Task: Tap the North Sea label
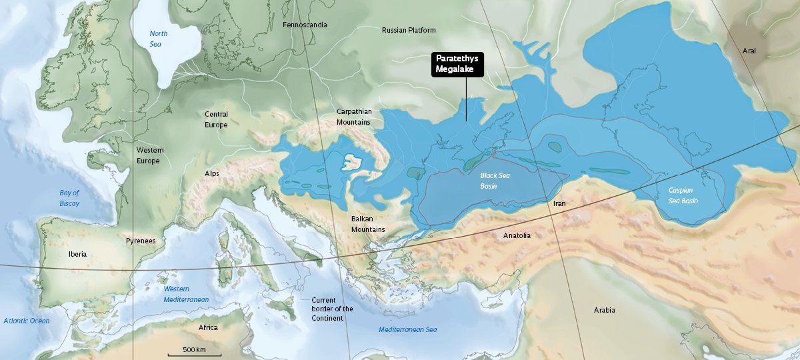point(159,39)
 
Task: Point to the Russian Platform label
point(409,30)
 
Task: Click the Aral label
point(750,51)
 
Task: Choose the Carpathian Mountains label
point(354,117)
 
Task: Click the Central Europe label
point(216,119)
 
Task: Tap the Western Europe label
point(150,155)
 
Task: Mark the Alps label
point(212,174)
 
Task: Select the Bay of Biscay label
point(69,198)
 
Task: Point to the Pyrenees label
point(141,240)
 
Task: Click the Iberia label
point(77,254)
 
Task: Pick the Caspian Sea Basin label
point(683,195)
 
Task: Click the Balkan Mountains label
point(368,224)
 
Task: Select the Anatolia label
point(517,235)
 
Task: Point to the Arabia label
point(605,310)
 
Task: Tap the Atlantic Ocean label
point(27,321)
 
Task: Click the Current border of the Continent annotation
point(332,309)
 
